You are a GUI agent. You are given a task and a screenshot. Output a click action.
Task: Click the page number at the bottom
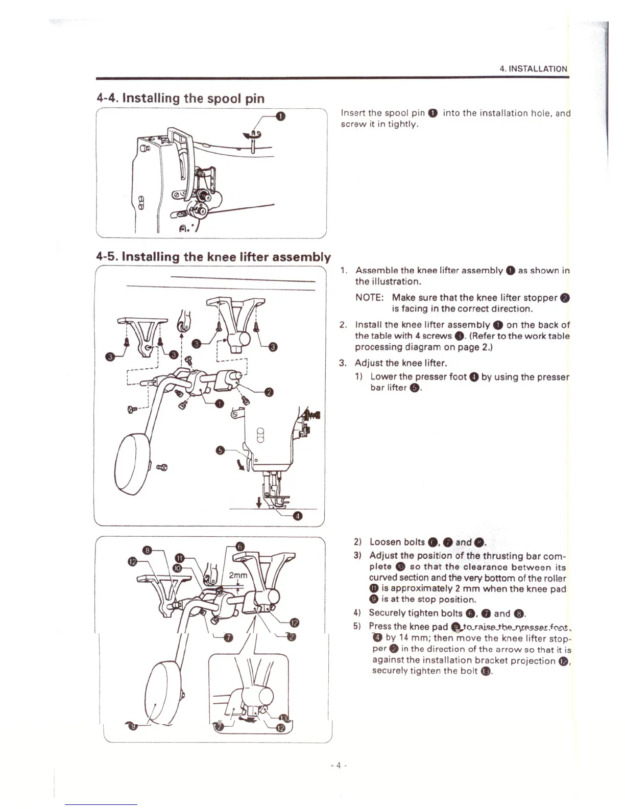click(338, 765)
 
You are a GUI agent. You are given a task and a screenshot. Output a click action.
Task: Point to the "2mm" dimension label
click(238, 575)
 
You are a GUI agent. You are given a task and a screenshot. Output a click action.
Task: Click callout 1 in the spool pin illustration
click(279, 116)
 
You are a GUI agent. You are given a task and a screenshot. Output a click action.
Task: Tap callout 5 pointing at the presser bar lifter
click(220, 450)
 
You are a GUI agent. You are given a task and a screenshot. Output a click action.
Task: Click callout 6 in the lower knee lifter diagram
click(242, 546)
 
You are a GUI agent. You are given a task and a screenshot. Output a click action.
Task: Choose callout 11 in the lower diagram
click(180, 557)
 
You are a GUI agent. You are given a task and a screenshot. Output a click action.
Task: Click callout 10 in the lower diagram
click(177, 567)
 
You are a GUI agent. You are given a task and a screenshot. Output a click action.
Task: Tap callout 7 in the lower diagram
click(228, 637)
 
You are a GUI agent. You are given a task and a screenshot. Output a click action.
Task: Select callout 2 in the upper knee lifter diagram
click(270, 392)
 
